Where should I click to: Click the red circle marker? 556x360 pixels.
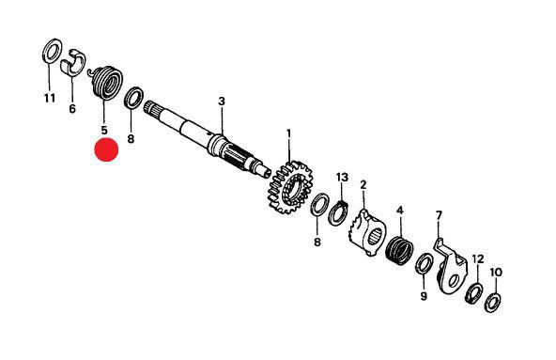click(x=106, y=149)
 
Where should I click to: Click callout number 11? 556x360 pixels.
click(x=50, y=98)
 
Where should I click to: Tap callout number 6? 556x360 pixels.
click(x=72, y=109)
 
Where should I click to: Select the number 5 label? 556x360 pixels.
click(x=104, y=130)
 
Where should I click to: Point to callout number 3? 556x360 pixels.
click(x=222, y=102)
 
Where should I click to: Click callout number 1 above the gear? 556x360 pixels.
click(x=288, y=133)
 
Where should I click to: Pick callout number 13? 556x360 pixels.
click(x=343, y=177)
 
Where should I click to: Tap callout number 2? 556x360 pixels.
click(x=363, y=185)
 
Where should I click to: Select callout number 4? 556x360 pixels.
click(x=400, y=211)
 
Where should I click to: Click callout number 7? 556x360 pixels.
click(x=439, y=215)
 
